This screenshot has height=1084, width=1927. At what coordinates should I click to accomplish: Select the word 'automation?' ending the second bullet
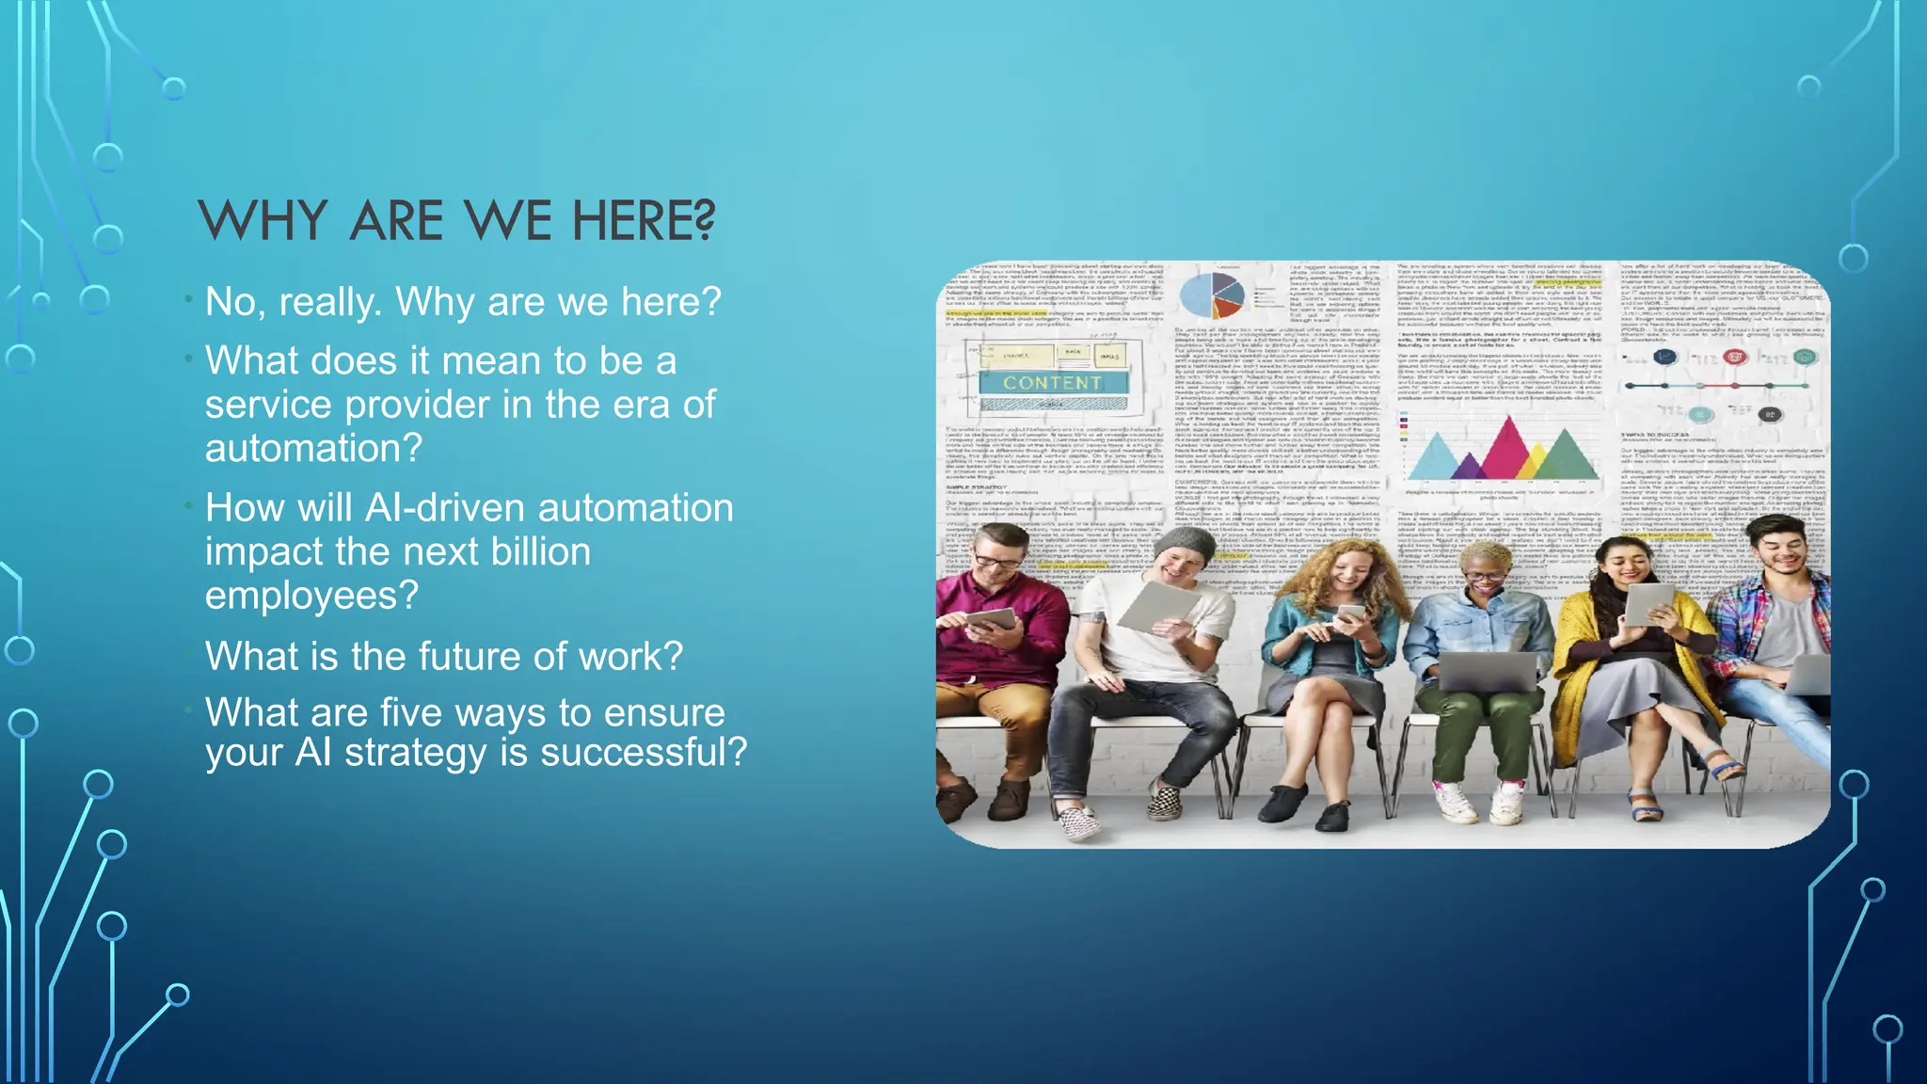pyautogui.click(x=313, y=448)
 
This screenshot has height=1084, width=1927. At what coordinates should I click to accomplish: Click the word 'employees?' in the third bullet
pyautogui.click(x=311, y=596)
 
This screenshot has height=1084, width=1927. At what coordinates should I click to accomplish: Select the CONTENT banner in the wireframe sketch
pyautogui.click(x=1052, y=383)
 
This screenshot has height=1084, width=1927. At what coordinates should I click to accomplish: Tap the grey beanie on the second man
pyautogui.click(x=1185, y=545)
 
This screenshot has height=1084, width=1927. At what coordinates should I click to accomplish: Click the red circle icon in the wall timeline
pyautogui.click(x=1734, y=358)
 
